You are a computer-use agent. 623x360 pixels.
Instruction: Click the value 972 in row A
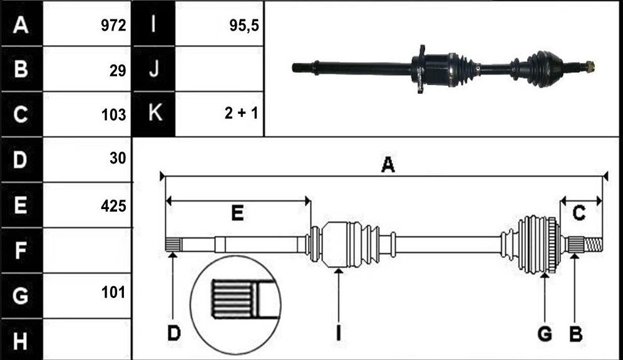113,26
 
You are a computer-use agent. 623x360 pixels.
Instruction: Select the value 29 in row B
118,71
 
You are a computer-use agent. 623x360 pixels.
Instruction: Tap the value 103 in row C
113,115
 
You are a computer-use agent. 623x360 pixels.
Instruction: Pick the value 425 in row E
113,206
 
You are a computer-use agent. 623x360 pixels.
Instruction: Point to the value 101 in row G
113,292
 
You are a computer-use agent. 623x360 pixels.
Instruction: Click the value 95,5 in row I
244,26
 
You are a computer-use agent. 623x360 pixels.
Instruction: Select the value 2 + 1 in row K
241,113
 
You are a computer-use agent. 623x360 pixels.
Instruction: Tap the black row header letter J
154,69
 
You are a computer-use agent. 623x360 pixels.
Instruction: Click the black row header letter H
20,341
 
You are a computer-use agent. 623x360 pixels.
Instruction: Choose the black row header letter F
20,250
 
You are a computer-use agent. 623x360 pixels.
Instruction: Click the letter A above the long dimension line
388,165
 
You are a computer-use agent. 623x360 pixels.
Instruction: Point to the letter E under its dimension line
237,213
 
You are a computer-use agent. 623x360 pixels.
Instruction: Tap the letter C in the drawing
579,213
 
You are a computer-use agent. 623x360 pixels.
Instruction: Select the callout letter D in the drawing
173,333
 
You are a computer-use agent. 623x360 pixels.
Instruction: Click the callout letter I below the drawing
338,333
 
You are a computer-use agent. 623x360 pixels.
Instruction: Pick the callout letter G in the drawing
544,333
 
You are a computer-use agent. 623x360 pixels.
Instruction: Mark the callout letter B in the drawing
575,333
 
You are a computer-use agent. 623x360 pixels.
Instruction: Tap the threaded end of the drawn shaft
593,244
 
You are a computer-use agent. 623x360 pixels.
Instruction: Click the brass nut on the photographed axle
590,66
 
